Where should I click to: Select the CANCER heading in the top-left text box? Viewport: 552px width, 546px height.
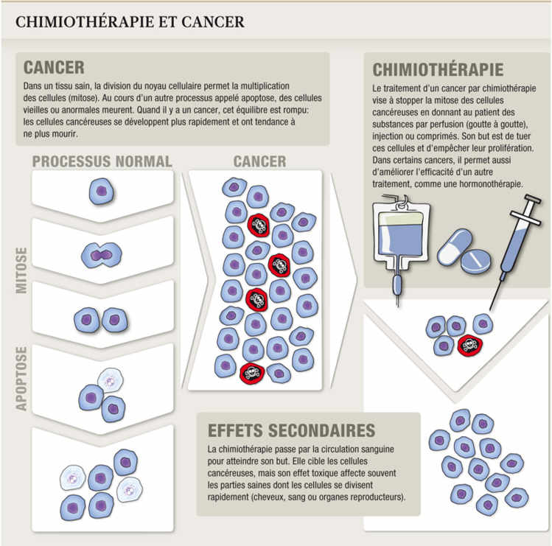tap(54, 68)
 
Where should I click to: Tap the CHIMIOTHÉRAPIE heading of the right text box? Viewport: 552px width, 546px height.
tap(438, 70)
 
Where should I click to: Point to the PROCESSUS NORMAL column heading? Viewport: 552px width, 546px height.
tap(102, 161)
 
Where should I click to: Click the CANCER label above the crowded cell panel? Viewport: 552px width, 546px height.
tap(259, 161)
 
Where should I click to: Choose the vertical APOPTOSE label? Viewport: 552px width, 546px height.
tap(21, 378)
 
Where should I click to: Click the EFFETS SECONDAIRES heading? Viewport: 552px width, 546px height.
tap(292, 430)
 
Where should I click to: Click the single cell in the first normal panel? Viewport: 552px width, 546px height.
tap(102, 192)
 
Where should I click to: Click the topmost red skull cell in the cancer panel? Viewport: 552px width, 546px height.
tap(259, 223)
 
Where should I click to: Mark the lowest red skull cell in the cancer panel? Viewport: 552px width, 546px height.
tap(252, 373)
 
